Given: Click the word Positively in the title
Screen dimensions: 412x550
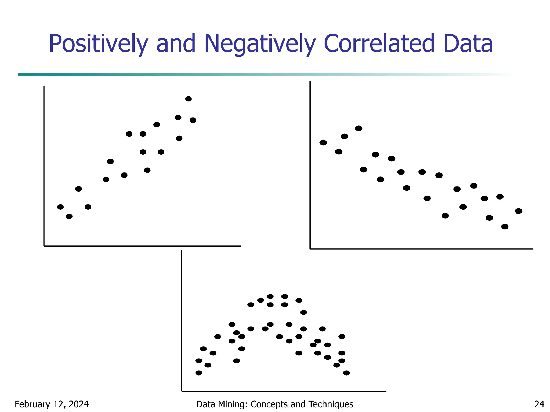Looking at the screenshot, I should coord(98,44).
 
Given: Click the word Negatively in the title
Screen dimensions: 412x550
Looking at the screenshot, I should coord(259,44).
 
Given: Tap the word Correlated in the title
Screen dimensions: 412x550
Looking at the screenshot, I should coord(379,44).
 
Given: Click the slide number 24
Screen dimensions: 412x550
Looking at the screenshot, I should coord(539,404).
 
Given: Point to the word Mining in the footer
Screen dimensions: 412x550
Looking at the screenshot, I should coord(235,404).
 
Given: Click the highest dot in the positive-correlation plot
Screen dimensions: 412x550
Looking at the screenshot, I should coord(189,99).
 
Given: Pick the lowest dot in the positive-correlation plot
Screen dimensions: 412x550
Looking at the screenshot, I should coord(69,216).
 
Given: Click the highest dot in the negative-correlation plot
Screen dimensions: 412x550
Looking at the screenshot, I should coord(359,128).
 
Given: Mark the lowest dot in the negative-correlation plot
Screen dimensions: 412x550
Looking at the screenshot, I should coord(505,227).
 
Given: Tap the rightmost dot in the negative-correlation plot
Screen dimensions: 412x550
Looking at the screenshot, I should coord(519,211).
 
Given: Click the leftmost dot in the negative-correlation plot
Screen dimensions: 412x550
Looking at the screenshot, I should coord(323,143).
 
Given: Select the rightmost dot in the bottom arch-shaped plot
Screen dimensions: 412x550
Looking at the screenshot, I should coord(346,373).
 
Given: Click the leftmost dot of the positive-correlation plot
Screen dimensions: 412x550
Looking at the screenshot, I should coord(60,207).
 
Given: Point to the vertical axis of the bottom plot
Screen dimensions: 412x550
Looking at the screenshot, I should coord(182,322).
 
